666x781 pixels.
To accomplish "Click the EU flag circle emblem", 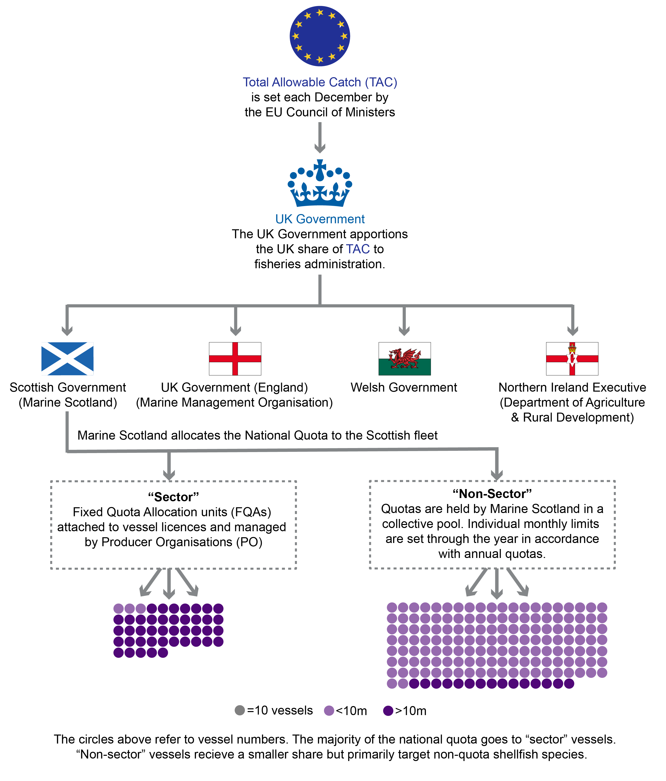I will click(x=320, y=36).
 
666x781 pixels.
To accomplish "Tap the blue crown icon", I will click(x=320, y=184).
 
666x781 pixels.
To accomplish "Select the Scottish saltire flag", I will click(x=67, y=358).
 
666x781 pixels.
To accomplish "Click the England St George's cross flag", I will click(x=235, y=358).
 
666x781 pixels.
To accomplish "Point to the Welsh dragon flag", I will click(x=405, y=358).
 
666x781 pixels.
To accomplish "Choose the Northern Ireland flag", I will click(x=572, y=358).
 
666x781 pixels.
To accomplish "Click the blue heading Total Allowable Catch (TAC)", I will click(x=320, y=82).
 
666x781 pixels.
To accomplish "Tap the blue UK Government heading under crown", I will click(x=320, y=219).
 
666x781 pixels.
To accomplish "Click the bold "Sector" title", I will click(x=173, y=497).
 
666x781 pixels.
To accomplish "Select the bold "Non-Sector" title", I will click(x=492, y=494).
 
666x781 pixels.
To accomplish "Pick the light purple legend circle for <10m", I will click(x=329, y=711).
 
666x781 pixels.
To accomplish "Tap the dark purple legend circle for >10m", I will click(x=388, y=711).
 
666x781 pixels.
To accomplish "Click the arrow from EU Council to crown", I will click(x=320, y=138).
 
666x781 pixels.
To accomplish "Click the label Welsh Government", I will click(x=404, y=387).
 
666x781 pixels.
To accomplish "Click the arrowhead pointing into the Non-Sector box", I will click(x=497, y=475).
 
